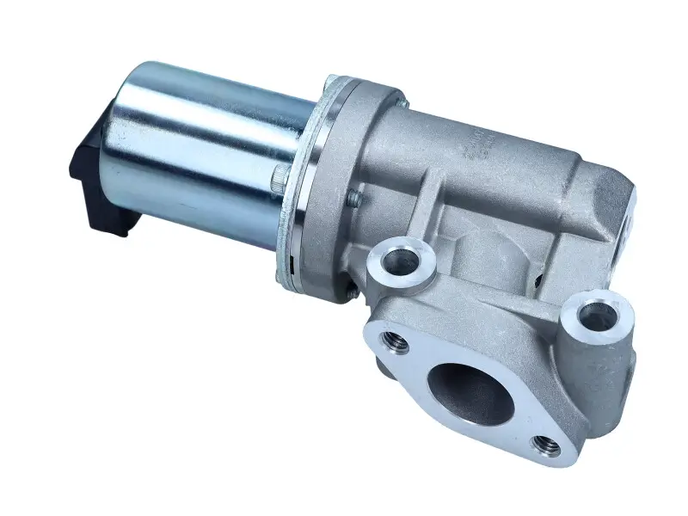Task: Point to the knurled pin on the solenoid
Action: (277, 181)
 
